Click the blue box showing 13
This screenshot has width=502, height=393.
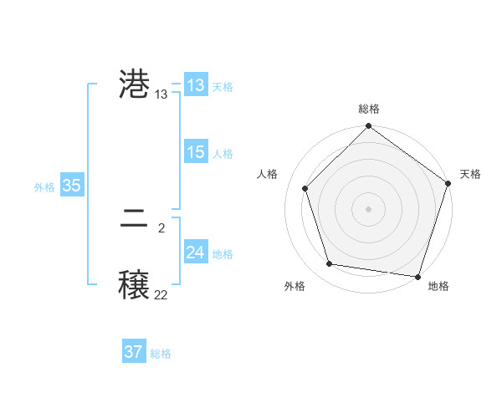coord(196,85)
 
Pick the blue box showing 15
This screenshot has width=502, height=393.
coord(196,152)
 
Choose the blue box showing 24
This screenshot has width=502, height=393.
coord(196,253)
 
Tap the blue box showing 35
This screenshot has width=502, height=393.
coord(71,186)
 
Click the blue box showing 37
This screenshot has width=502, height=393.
coord(133,352)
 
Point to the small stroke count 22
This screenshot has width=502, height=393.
coord(161,294)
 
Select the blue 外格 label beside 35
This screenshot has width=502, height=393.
coord(44,187)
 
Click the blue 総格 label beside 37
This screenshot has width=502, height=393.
coord(161,354)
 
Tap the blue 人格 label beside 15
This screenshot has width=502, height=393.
coord(223,154)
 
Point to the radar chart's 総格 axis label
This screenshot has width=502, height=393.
coord(368,110)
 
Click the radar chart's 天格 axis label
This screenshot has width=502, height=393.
coord(470,174)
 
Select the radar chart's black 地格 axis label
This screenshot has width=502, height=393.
coord(438,287)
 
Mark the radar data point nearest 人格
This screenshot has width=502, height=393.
coord(305,188)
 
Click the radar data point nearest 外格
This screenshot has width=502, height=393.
coord(330,264)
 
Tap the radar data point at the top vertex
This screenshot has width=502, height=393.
coord(368,128)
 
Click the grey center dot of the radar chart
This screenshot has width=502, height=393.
coord(368,208)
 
